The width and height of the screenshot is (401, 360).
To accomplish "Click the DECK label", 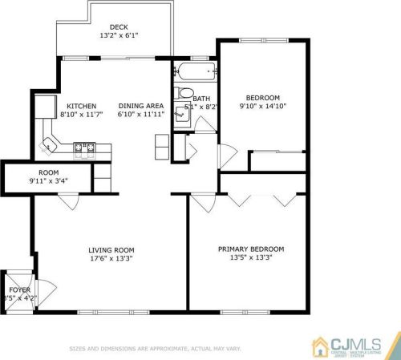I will pyautogui.click(x=119, y=26).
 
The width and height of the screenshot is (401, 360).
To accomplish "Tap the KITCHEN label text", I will pyautogui.click(x=82, y=107).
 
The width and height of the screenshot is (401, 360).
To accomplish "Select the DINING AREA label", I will pyautogui.click(x=141, y=107).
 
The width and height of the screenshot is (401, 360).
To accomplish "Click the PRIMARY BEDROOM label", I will pyautogui.click(x=251, y=249).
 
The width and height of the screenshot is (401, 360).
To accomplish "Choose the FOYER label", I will pyautogui.click(x=18, y=289).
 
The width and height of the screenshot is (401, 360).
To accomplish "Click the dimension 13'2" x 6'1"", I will pyautogui.click(x=119, y=36).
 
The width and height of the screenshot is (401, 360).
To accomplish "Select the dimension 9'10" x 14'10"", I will pyautogui.click(x=263, y=107).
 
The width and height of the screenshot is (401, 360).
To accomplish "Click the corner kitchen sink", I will pyautogui.click(x=50, y=145).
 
